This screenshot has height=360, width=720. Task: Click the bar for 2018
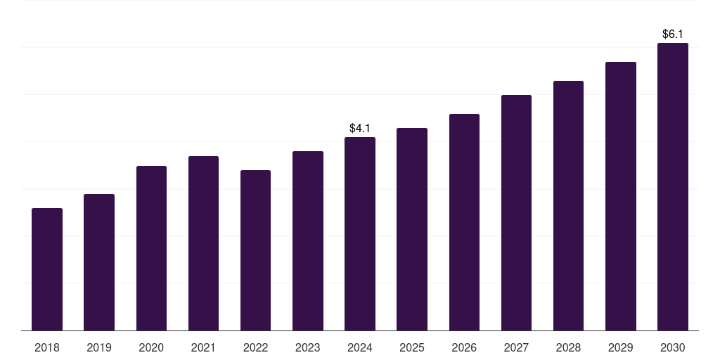coord(47,269)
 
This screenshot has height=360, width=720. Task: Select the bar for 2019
coord(99,262)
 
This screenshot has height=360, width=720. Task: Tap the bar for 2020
coord(151,248)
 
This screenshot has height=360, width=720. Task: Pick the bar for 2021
coord(203,243)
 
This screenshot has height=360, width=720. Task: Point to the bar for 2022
coord(255,250)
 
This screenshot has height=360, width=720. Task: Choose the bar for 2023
coord(308,240)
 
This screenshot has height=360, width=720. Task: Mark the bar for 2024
coord(360,233)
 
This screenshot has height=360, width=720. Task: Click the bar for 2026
coord(464,222)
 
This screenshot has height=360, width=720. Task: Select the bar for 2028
coord(568,205)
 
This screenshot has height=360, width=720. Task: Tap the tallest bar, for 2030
coord(673,186)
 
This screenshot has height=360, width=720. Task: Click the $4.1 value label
coord(360,128)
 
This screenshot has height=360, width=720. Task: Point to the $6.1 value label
coord(673,34)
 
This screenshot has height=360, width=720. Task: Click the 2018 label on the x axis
coord(47,347)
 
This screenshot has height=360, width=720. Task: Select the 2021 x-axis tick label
coord(203,347)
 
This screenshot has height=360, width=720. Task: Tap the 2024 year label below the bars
coord(360,347)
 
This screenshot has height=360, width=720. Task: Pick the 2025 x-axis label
coord(412,347)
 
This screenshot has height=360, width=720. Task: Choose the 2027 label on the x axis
coord(516,347)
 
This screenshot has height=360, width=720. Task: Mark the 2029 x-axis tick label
coord(621,347)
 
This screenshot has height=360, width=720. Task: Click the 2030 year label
coord(673,347)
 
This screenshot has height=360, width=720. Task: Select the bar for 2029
coord(621,196)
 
